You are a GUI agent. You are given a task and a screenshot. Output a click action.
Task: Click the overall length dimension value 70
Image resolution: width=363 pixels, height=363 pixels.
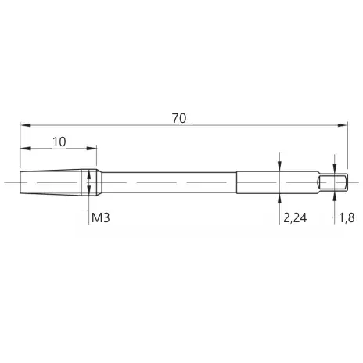(x=179, y=118)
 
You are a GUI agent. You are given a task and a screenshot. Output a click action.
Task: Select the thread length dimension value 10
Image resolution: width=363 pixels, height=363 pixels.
(x=59, y=142)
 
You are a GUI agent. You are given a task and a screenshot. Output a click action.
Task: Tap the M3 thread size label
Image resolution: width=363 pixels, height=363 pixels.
(x=101, y=217)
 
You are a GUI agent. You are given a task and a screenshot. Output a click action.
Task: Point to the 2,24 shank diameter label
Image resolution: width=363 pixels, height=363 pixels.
(x=295, y=217)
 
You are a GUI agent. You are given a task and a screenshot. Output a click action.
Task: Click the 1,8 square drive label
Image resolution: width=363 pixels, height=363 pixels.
(x=347, y=217)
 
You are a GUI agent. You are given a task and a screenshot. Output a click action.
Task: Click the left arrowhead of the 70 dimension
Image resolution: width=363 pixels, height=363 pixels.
(x=25, y=125)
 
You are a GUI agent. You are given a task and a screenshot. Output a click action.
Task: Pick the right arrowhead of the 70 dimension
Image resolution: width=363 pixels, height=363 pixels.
(x=343, y=125)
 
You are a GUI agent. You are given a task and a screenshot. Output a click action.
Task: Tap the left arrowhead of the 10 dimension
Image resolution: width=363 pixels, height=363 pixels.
(x=25, y=149)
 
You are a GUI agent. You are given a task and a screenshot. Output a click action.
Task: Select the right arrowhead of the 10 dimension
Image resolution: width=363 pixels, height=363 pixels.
(x=92, y=149)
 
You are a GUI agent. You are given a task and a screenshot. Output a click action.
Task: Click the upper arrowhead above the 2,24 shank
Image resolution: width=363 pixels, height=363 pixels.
(x=279, y=166)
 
